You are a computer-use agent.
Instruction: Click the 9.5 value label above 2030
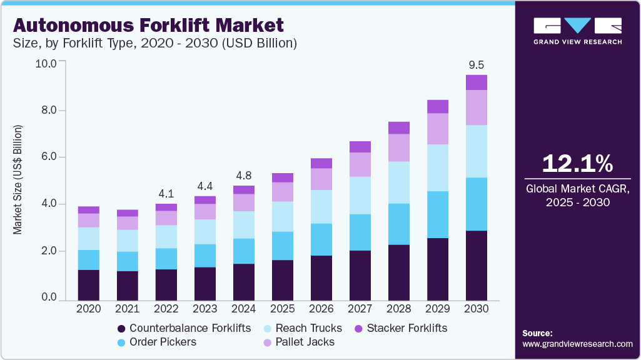(477, 64)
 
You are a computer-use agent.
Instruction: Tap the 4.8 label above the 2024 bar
(244, 175)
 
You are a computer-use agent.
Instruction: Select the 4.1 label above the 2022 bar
(166, 193)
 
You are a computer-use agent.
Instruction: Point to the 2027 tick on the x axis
(360, 308)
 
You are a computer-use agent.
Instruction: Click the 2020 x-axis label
(88, 308)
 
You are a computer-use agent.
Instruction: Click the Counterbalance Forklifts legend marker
(121, 328)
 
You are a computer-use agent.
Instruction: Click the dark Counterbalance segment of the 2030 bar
(477, 265)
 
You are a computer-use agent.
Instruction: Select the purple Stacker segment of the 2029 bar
(438, 106)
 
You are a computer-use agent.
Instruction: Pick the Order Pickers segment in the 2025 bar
(283, 246)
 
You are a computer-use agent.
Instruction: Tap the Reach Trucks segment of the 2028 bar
(399, 182)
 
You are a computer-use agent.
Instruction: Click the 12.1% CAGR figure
(577, 164)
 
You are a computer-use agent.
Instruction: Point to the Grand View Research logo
(577, 31)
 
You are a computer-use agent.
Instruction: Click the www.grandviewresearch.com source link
(577, 344)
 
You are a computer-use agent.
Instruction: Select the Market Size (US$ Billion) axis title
(18, 180)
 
